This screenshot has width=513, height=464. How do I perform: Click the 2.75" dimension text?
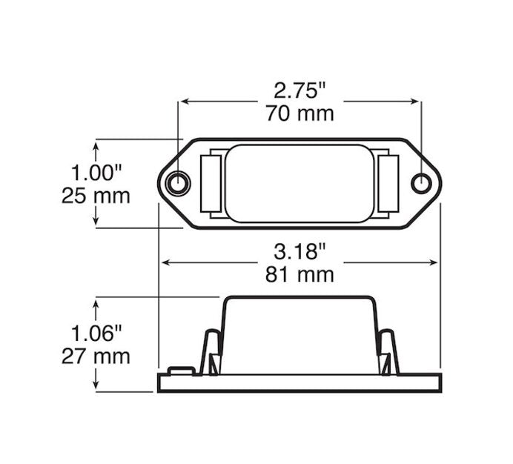(x=299, y=91)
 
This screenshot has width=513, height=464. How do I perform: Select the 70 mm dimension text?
(x=299, y=113)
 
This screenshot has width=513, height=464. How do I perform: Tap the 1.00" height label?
(x=96, y=173)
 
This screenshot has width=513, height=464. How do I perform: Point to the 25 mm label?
(x=96, y=196)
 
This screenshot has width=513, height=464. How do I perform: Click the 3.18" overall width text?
(x=299, y=251)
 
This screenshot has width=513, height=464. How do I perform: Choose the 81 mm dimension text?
(x=299, y=274)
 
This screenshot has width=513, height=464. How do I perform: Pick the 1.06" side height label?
(x=96, y=333)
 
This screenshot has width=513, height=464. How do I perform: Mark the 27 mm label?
(x=96, y=356)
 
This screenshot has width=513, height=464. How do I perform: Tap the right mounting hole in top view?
(x=421, y=183)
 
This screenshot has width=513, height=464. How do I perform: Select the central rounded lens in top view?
(x=299, y=183)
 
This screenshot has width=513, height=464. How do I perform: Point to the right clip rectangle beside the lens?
(x=388, y=183)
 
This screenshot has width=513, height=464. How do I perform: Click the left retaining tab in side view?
(x=211, y=353)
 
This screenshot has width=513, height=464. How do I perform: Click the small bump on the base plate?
(x=181, y=370)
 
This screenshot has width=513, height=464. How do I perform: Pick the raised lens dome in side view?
(x=299, y=334)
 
